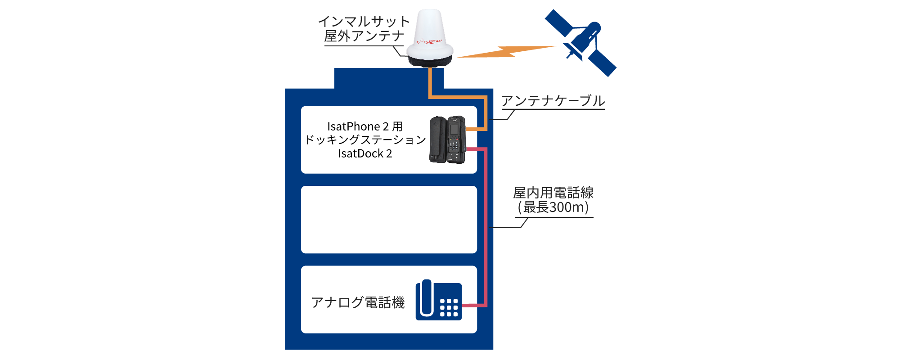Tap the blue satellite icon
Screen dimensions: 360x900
coord(581,43)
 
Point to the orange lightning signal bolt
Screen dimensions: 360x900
coord(506,52)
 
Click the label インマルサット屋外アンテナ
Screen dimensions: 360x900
coord(364,29)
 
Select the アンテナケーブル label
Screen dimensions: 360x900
coord(553,101)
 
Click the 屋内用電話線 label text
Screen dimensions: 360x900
coord(553,193)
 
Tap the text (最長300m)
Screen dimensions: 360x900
coord(553,207)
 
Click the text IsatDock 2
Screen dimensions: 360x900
coord(365,153)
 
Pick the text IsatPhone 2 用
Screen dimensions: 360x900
coord(364,126)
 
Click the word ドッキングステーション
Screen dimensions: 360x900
coord(365,140)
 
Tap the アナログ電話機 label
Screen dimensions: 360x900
coord(358,302)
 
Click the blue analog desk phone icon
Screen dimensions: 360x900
coord(439,301)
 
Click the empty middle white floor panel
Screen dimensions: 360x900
coord(389,220)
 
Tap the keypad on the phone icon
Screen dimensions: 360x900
coord(449,308)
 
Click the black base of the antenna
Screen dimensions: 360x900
coord(430,63)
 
